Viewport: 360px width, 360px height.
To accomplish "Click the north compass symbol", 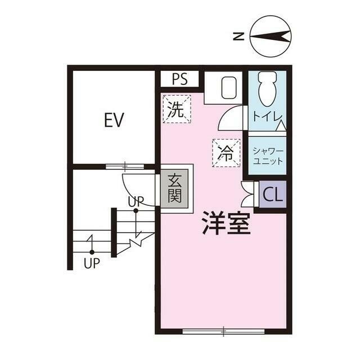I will point(271,37).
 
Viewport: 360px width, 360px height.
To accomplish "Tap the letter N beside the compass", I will point(238,37).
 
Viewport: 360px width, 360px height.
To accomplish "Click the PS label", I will point(179,79).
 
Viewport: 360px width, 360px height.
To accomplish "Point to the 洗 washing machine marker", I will point(177,108).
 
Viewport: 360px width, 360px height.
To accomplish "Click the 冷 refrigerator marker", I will point(226,151).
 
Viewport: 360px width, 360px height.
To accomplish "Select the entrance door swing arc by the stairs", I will point(135,186).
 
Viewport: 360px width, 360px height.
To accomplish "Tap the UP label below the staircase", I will point(91,263).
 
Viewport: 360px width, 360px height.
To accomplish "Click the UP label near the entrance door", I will point(136,201).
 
